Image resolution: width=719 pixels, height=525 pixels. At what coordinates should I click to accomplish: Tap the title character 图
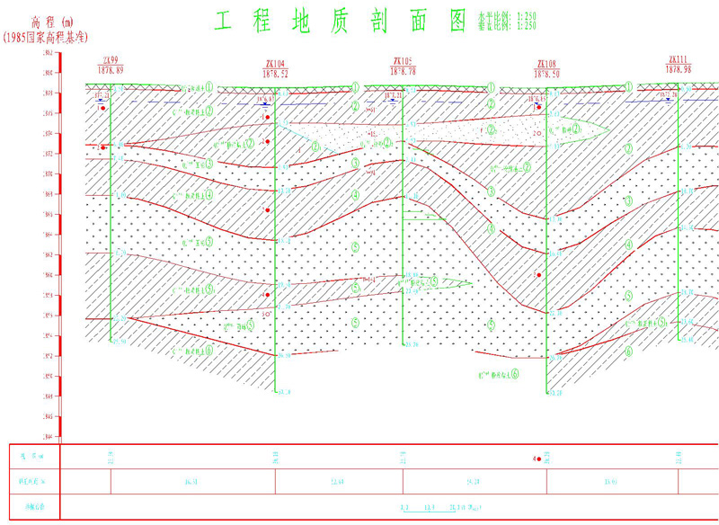tap(457, 21)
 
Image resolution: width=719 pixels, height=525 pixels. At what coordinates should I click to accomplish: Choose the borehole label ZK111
tap(679, 59)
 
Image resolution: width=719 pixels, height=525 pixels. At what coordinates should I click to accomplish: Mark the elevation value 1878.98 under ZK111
tap(679, 69)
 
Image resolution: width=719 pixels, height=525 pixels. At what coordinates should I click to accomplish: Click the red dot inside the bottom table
tap(536, 459)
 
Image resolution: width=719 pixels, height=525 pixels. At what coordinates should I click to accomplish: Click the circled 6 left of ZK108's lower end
tap(514, 373)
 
